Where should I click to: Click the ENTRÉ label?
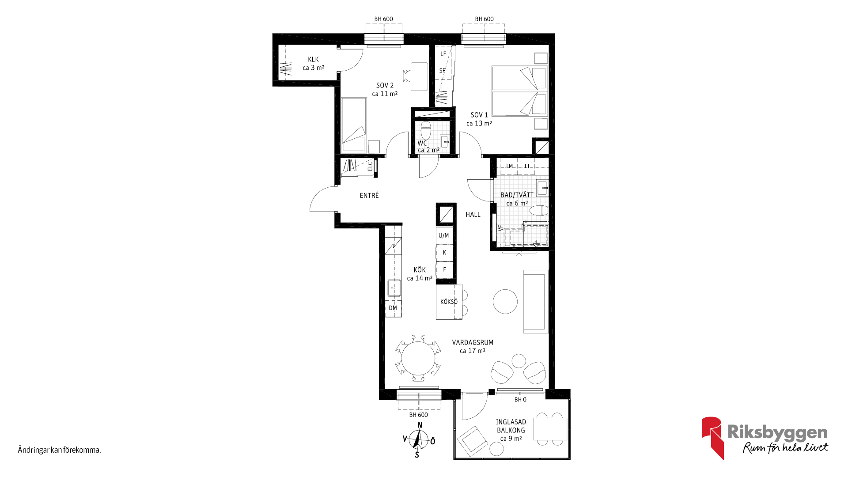point(369,195)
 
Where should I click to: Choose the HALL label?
point(473,215)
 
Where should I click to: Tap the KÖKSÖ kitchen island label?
point(449,302)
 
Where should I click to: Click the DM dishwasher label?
point(393,308)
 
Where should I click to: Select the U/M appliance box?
point(444,235)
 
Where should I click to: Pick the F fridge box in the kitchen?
point(444,269)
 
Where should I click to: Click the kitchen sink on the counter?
point(394,288)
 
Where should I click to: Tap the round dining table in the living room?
point(418,358)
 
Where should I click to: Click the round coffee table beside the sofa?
point(505,301)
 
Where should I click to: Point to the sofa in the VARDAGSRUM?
point(536,301)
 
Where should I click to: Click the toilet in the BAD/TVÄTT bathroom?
point(539,210)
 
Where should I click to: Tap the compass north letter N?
point(420,425)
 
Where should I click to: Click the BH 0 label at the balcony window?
point(520,400)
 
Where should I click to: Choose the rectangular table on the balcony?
point(550,428)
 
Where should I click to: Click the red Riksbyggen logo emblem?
point(712,437)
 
